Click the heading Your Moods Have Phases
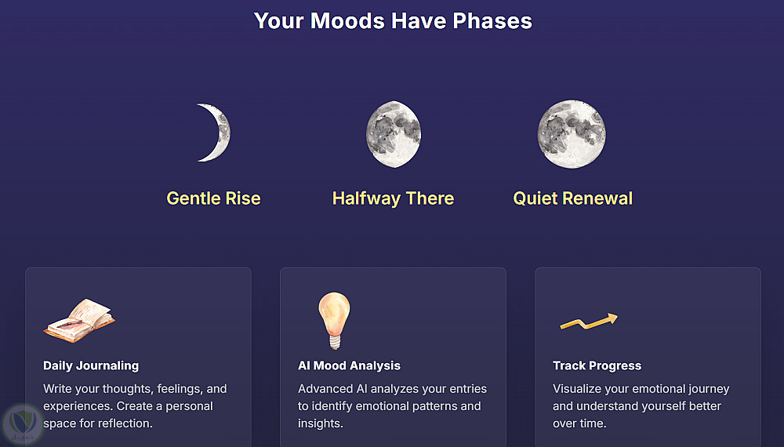click(x=393, y=21)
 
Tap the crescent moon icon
click(x=221, y=133)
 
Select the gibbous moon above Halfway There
click(x=394, y=134)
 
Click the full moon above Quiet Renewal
click(x=572, y=134)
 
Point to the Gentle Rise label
click(x=213, y=198)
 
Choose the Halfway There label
click(x=394, y=198)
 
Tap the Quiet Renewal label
click(x=573, y=198)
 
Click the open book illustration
click(x=80, y=321)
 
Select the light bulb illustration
click(x=335, y=321)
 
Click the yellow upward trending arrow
click(x=589, y=322)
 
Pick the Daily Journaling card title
click(x=91, y=365)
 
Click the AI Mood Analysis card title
click(x=349, y=365)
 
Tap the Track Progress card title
click(x=597, y=365)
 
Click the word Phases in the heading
click(x=492, y=21)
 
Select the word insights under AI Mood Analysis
click(x=321, y=423)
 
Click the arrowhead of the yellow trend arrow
click(x=612, y=318)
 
